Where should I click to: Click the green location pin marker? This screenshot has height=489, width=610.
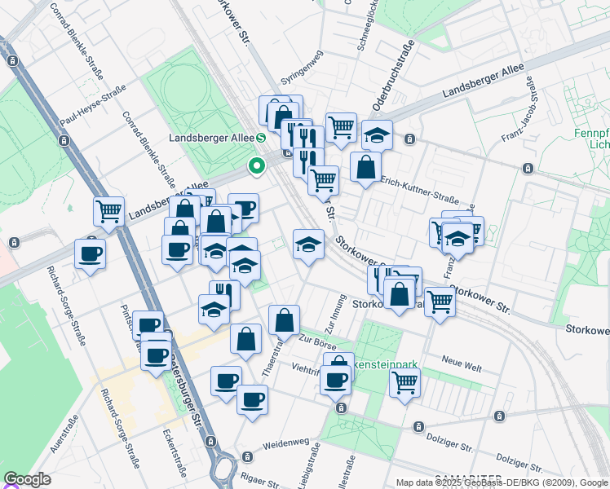(x=257, y=167)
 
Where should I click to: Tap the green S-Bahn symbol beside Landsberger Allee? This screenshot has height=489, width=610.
(x=260, y=137)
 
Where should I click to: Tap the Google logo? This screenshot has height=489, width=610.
(x=28, y=479)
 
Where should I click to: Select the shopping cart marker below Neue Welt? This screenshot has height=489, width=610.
(x=404, y=381)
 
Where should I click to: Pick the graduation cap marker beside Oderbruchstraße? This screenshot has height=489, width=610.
(x=377, y=135)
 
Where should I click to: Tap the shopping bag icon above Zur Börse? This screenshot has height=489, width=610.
(x=284, y=320)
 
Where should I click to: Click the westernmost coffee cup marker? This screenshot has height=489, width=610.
(x=90, y=253)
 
